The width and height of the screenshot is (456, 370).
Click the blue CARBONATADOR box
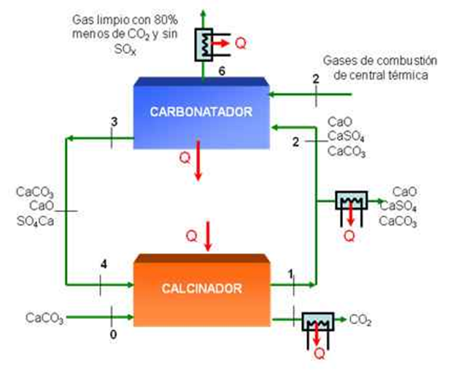pyautogui.click(x=201, y=113)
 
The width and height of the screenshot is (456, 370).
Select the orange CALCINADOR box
pyautogui.click(x=201, y=291)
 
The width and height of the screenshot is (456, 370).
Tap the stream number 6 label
pyautogui.click(x=222, y=71)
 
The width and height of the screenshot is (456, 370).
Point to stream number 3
pyautogui.click(x=115, y=122)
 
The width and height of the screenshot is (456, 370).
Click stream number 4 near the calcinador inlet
pyautogui.click(x=104, y=264)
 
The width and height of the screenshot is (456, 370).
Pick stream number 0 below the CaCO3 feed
pyautogui.click(x=113, y=334)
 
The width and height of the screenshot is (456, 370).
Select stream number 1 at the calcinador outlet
pyautogui.click(x=290, y=274)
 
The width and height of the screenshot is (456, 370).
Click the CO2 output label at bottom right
pyautogui.click(x=360, y=320)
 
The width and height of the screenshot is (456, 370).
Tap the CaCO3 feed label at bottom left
pyautogui.click(x=45, y=318)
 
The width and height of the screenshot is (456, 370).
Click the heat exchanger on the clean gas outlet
pyautogui.click(x=204, y=44)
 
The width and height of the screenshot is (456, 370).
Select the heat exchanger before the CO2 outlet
pyautogui.click(x=318, y=322)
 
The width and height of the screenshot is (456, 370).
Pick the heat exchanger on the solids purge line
pyautogui.click(x=352, y=200)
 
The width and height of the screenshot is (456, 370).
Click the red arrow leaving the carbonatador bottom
pyautogui.click(x=198, y=160)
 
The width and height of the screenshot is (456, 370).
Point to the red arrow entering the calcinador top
pyautogui.click(x=208, y=237)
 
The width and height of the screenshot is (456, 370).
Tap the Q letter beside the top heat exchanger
pyautogui.click(x=241, y=44)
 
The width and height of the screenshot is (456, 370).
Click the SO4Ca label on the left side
pyautogui.click(x=36, y=221)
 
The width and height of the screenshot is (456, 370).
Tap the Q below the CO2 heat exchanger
pyautogui.click(x=320, y=354)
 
